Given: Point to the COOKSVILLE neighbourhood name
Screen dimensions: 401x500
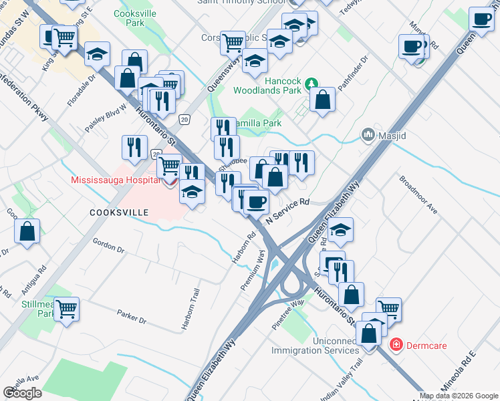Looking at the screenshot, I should pos(118,211).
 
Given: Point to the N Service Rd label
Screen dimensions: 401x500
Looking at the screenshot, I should pos(288,211).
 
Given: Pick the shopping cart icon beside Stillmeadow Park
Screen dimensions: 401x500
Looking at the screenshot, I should pos(66,309).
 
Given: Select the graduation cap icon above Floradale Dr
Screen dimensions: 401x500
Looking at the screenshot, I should pos(98,53).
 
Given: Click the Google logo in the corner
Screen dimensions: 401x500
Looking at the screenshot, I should pos(22,392).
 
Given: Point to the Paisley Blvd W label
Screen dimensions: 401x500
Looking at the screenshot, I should pos(106,119).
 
